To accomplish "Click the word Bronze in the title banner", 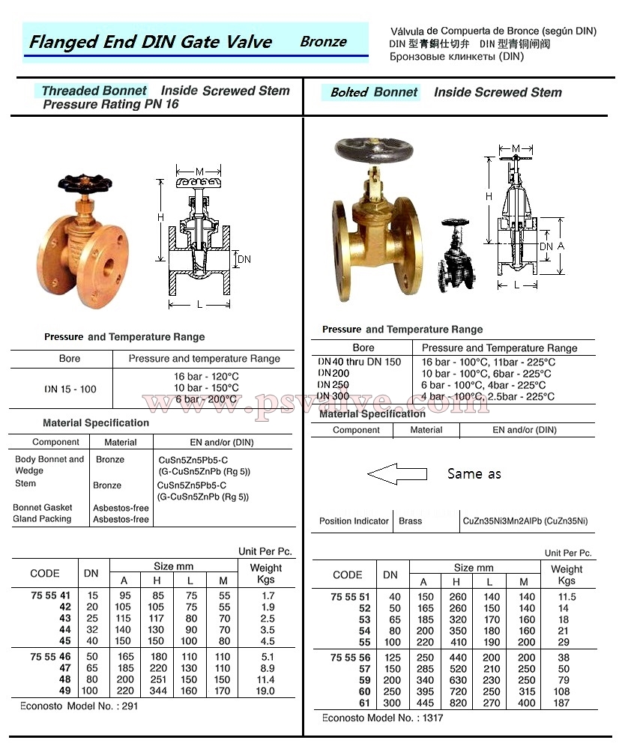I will coord(323,42).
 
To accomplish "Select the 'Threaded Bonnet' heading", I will coord(94,91).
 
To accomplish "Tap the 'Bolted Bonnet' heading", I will coord(374,92).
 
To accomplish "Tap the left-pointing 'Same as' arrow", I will coord(396,474).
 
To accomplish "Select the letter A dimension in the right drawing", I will coord(560,246).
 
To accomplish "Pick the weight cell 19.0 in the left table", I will coord(265,691).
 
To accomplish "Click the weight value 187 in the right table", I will coord(561,703).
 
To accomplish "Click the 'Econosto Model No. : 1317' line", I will coord(382,718).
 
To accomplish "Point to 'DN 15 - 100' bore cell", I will coord(70,389).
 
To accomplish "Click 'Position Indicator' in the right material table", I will coord(354,521).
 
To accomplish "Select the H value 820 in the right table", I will coord(458,703).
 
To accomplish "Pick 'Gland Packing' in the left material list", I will coord(42,518).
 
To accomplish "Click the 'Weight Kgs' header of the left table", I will coord(265,574).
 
